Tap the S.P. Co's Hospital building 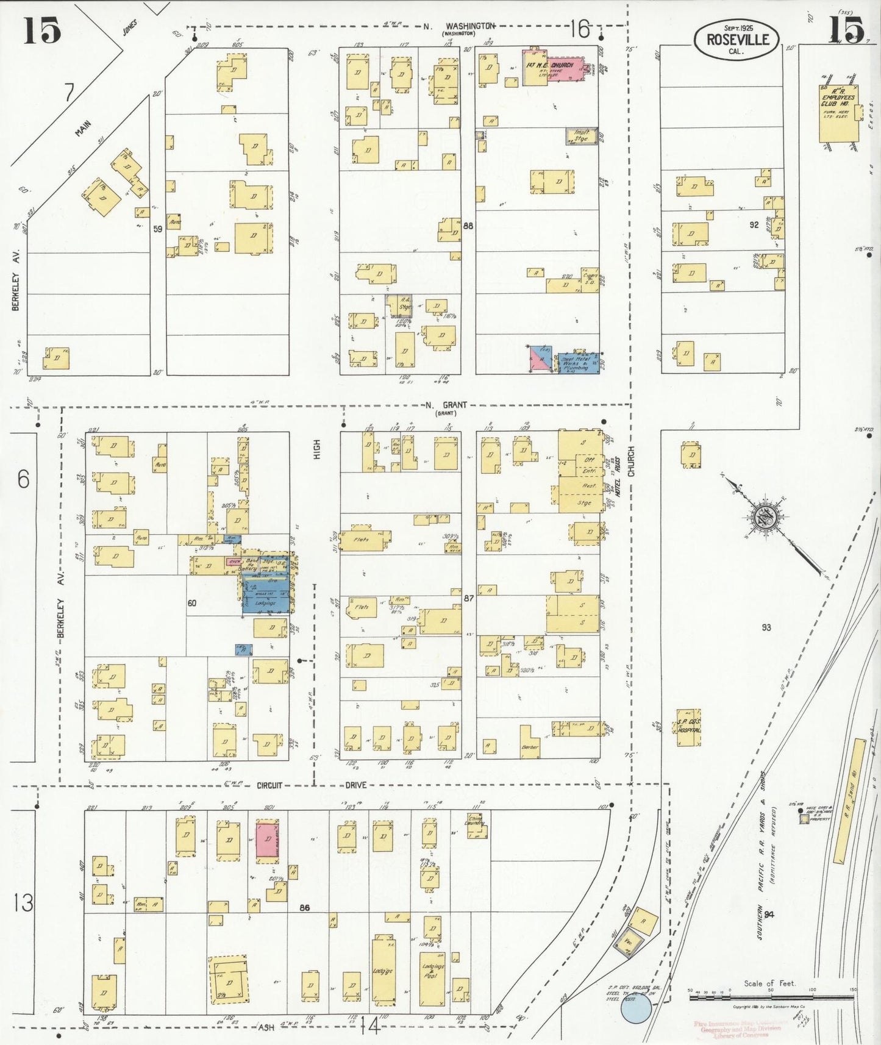[x=688, y=727]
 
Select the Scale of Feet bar [x=771, y=998]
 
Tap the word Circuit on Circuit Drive [x=269, y=785]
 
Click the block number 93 [x=766, y=627]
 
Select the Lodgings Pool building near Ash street [x=432, y=979]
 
